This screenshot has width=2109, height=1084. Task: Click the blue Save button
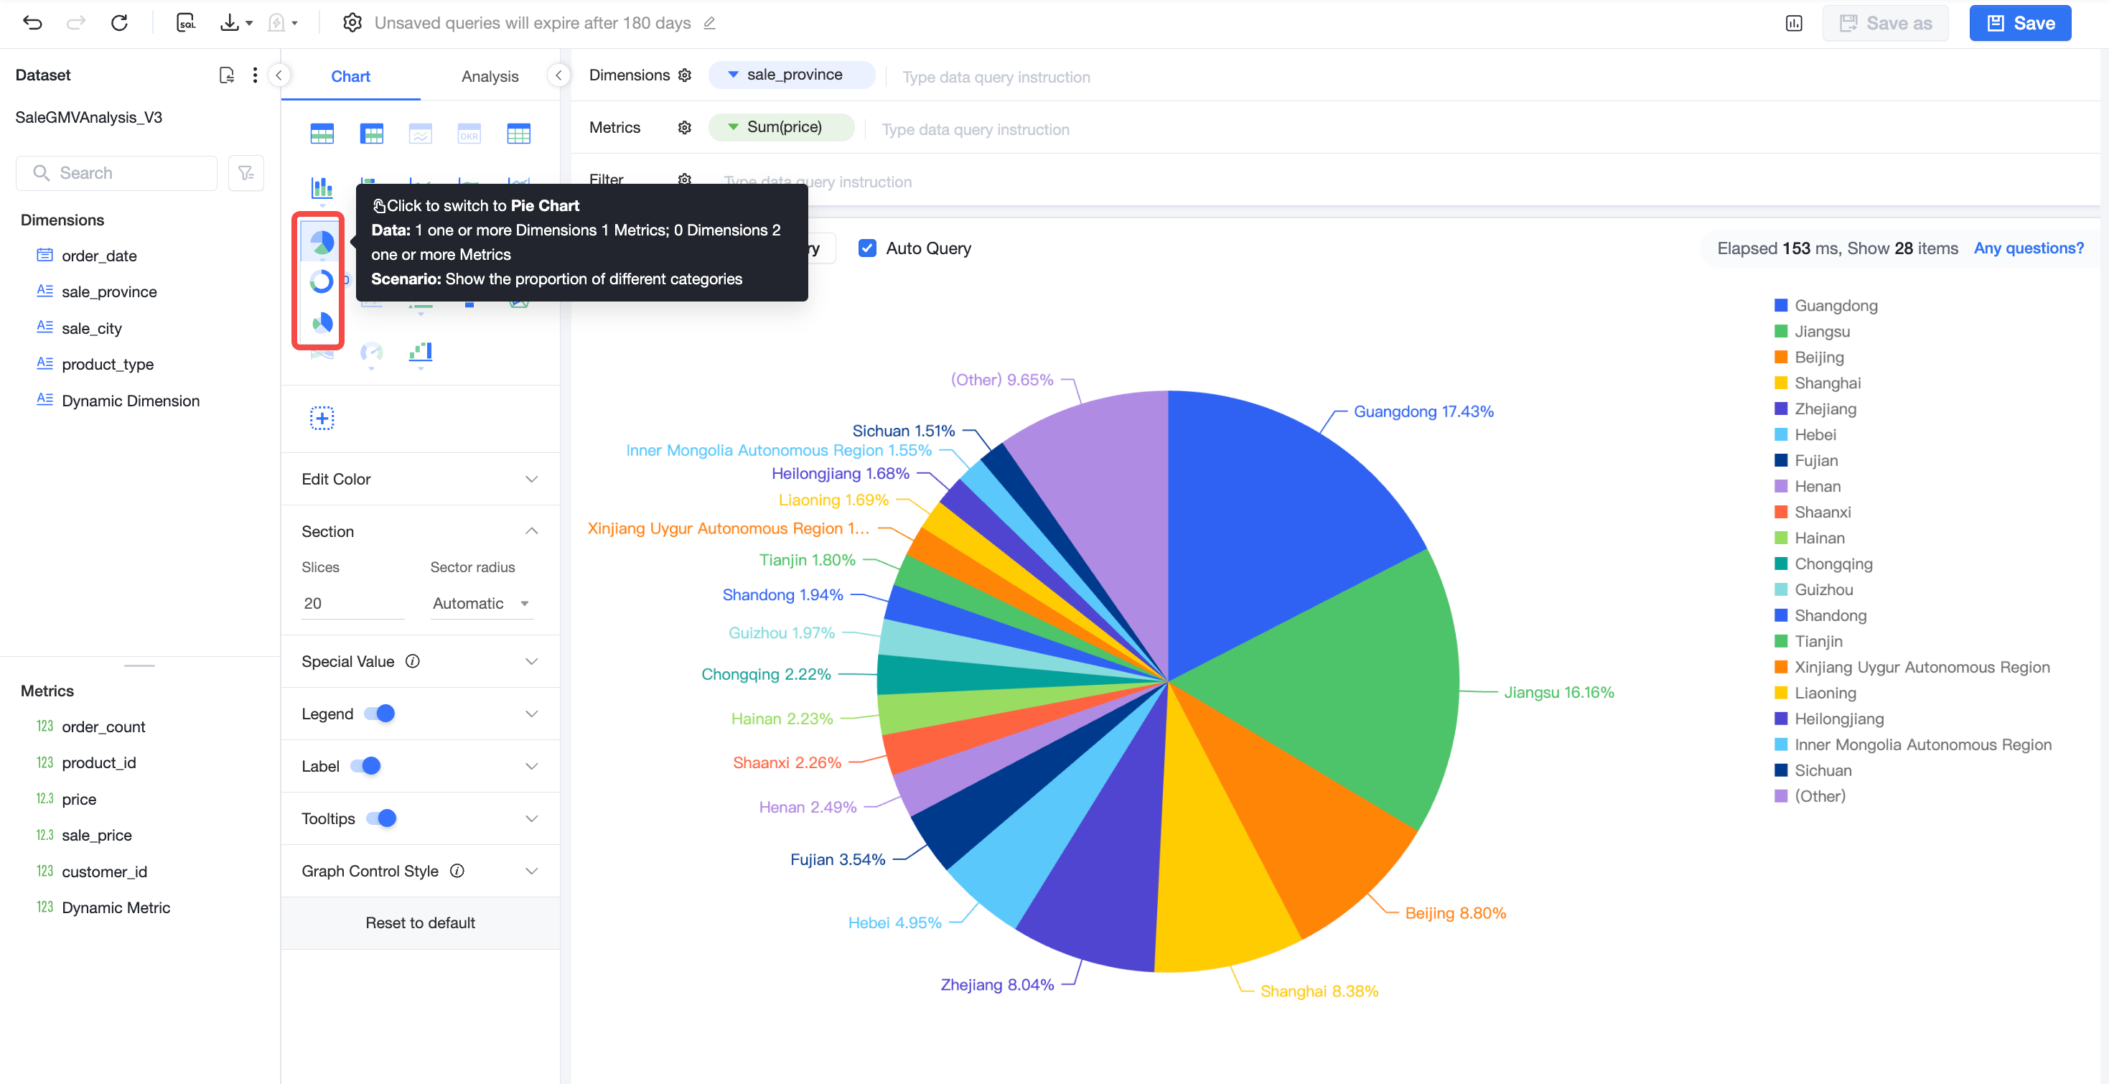(2020, 23)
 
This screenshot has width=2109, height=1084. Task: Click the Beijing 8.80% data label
(1455, 913)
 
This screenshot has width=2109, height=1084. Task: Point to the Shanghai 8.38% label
(1319, 991)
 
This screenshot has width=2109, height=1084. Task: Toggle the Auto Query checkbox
(867, 248)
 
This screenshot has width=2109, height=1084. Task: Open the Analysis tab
(490, 76)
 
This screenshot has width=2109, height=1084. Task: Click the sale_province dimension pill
(792, 75)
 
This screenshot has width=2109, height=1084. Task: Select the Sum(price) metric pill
(781, 127)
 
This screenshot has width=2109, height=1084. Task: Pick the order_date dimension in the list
(98, 256)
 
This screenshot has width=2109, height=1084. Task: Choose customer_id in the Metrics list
(104, 871)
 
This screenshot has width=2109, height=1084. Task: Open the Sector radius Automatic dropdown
(482, 604)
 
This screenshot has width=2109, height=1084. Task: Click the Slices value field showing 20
(352, 604)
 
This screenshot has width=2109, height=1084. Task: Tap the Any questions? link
(2028, 248)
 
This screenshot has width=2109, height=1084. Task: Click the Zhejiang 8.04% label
(996, 984)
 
